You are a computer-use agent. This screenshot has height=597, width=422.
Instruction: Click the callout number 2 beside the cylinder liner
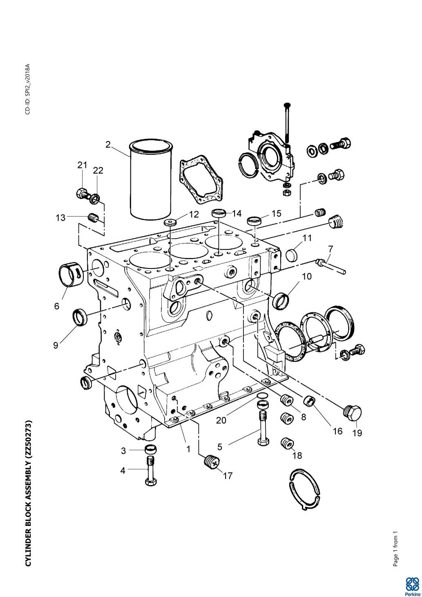coord(108,145)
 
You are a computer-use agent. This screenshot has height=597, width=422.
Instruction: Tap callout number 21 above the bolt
coord(83,165)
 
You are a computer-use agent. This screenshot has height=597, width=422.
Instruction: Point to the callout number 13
coord(60,218)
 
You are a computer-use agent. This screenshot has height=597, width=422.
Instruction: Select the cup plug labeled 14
coord(219,213)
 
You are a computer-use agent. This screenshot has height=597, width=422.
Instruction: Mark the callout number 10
coord(307,276)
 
